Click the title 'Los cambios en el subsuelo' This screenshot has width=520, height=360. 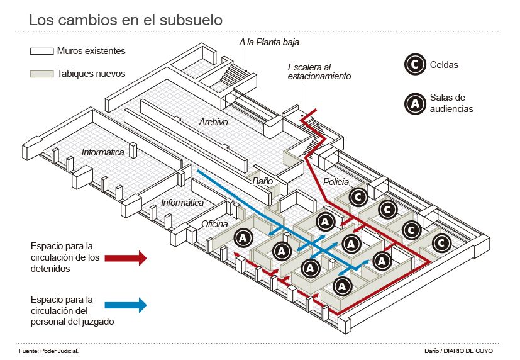[126, 20]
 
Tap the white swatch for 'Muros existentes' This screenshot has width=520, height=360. [40, 51]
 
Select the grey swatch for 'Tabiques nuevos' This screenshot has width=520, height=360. [40, 74]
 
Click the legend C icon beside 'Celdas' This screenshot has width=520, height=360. [414, 64]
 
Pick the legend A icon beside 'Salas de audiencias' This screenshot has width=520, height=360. [414, 103]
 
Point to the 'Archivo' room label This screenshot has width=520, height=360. [213, 122]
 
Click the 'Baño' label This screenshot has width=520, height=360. [262, 181]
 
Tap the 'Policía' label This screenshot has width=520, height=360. [336, 182]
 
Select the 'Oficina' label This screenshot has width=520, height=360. [214, 223]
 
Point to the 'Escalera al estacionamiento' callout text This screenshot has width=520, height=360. [319, 72]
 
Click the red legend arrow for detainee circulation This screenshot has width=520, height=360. [126, 257]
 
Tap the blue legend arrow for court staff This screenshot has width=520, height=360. [126, 305]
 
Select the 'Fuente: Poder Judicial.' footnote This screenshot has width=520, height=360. [49, 350]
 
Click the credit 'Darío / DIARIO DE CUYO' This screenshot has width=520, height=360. [458, 350]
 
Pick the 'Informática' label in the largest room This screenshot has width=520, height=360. [102, 152]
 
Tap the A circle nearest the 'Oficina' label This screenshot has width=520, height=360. [244, 237]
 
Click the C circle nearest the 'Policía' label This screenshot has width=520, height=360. [358, 197]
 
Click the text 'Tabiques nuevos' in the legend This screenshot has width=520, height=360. [91, 74]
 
